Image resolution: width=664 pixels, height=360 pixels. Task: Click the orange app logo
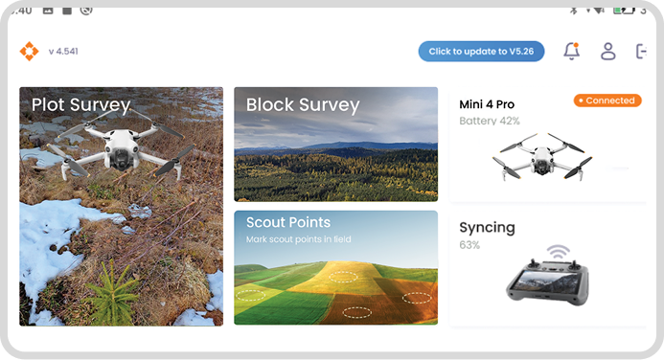29,52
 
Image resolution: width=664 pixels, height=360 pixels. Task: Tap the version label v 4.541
63,52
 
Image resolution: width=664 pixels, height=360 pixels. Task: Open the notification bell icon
572,52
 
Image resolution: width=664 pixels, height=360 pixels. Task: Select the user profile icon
607,52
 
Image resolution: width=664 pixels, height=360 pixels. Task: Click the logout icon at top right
641,52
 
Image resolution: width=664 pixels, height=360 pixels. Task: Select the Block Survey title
303,105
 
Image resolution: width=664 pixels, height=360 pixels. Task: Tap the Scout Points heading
288,223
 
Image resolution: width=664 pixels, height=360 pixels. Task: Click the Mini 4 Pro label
488,103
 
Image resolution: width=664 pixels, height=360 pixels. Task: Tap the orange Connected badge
607,101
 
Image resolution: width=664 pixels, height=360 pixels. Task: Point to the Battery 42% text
490,122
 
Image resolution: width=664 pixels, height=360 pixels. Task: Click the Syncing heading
487,228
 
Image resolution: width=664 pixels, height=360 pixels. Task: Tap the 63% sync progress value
469,245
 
